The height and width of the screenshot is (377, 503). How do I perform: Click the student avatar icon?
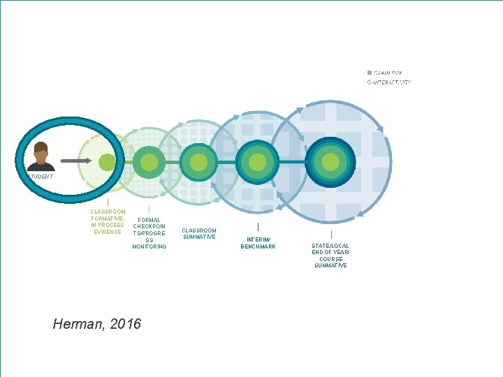[x=41, y=156]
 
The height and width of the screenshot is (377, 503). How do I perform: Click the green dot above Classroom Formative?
[x=107, y=162]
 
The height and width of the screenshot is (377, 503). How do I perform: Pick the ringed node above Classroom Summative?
[x=198, y=162]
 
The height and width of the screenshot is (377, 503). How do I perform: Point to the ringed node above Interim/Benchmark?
[x=257, y=162]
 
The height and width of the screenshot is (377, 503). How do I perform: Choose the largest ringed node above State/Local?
[x=330, y=162]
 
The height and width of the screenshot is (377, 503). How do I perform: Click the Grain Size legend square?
[x=370, y=73]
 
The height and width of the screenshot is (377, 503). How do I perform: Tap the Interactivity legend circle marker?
[x=370, y=82]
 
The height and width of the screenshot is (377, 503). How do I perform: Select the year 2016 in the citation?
[x=128, y=324]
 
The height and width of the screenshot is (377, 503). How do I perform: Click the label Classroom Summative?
[x=199, y=234]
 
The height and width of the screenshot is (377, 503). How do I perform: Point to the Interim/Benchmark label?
[x=258, y=243]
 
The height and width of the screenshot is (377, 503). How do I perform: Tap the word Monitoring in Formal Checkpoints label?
[x=149, y=246]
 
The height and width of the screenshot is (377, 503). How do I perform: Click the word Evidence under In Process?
[x=108, y=232]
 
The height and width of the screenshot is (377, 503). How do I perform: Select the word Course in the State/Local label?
[x=330, y=259]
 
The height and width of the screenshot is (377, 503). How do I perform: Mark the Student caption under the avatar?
[x=41, y=177]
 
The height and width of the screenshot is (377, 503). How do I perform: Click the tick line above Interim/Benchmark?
[x=258, y=227]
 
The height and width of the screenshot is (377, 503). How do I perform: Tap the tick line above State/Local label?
[x=331, y=235]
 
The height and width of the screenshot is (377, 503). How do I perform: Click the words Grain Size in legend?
[x=388, y=73]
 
